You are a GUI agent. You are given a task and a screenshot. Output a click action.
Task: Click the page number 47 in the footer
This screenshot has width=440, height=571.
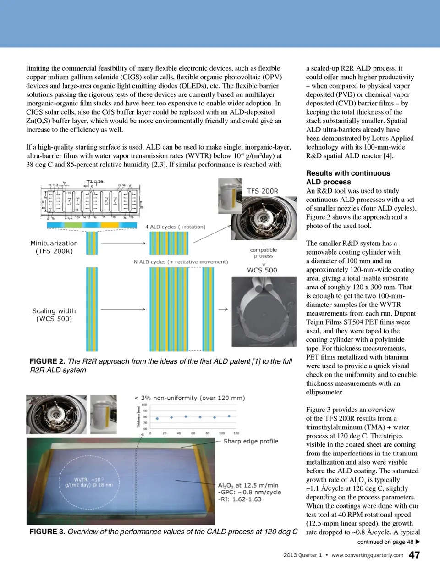coord(414,555)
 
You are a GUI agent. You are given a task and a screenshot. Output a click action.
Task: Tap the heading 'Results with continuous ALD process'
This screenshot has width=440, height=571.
coord(348,177)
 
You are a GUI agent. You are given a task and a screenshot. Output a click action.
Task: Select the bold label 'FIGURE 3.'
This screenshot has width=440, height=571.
coord(47,532)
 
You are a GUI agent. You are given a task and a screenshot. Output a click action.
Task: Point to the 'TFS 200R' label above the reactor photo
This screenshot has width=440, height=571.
coord(262,191)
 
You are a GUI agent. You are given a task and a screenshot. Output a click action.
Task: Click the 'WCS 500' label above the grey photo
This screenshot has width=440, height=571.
coord(262,270)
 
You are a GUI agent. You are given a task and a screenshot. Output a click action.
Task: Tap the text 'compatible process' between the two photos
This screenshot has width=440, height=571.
coord(264,253)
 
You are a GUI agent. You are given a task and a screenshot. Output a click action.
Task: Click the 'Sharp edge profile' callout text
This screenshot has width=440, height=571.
coord(251,441)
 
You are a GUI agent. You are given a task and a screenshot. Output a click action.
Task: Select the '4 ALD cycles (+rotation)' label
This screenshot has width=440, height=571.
coord(175,227)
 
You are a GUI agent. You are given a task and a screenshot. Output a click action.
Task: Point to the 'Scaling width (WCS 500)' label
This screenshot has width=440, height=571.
coord(54,315)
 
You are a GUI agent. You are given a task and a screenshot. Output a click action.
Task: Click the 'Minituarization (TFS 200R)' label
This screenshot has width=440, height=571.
coord(54,247)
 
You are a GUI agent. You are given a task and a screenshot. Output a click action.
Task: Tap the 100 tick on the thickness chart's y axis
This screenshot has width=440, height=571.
coord(144,405)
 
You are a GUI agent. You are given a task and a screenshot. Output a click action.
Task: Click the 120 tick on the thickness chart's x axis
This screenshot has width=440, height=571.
coord(236,433)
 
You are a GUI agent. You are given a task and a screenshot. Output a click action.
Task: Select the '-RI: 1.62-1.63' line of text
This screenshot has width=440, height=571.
coord(240,499)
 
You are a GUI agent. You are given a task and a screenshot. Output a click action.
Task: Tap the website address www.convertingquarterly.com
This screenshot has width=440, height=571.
coord(367,555)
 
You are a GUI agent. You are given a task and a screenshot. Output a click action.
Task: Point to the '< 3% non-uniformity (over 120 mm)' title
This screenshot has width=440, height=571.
coord(190,398)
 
